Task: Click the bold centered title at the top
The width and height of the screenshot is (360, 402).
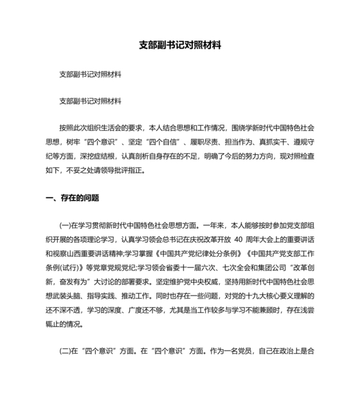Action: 180,46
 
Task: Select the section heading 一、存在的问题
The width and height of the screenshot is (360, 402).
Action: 73,198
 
